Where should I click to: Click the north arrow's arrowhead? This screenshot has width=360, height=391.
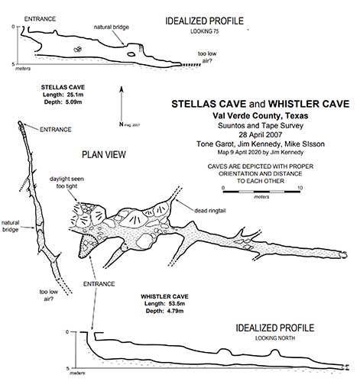(x=122, y=89)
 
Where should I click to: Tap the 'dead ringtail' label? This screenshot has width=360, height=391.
(x=210, y=211)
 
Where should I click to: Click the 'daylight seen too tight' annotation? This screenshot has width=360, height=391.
(x=66, y=183)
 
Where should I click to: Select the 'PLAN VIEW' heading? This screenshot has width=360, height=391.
(x=104, y=154)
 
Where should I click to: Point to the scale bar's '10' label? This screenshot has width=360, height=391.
(x=300, y=188)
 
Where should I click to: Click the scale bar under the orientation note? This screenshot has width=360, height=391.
(x=261, y=192)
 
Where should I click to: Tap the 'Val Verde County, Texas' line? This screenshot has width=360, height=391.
(x=261, y=116)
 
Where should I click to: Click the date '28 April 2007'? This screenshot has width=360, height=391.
(x=261, y=134)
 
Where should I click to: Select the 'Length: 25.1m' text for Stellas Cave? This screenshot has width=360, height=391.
(x=63, y=95)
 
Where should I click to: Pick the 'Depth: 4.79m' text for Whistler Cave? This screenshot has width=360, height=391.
(x=164, y=311)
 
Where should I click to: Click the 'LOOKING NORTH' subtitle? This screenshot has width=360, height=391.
(x=275, y=338)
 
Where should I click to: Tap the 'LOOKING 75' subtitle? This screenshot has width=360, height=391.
(x=205, y=31)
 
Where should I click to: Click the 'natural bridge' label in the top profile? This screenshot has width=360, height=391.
(x=112, y=27)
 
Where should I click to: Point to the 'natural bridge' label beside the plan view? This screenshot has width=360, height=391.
(x=10, y=226)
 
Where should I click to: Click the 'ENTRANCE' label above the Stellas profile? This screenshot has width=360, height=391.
(x=40, y=19)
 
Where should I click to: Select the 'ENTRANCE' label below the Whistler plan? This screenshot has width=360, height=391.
(x=99, y=284)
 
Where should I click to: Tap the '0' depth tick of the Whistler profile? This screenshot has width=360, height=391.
(x=67, y=332)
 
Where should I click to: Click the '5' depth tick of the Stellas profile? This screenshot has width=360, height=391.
(x=13, y=64)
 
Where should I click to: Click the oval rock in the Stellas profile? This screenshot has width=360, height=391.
(x=131, y=54)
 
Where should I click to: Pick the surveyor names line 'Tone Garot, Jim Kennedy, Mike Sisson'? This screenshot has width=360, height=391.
(x=261, y=144)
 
